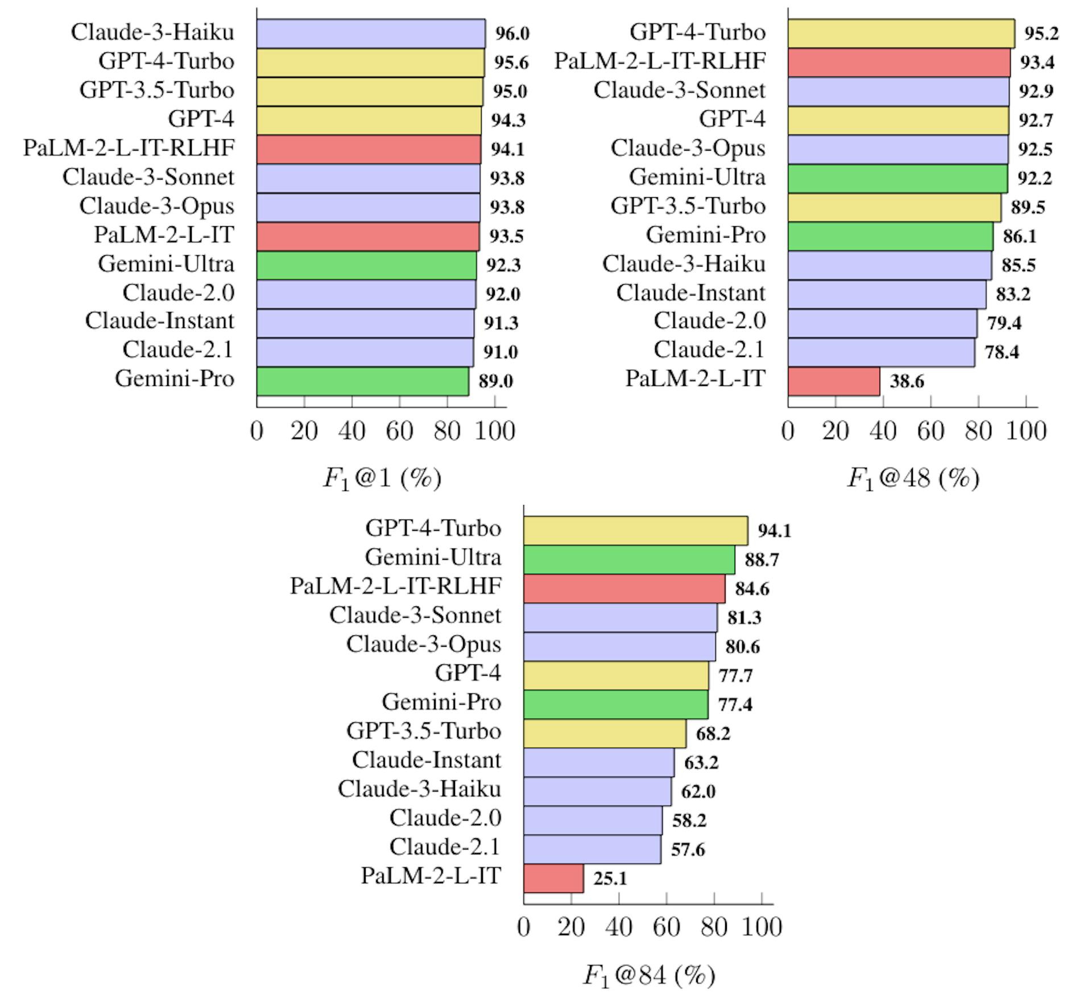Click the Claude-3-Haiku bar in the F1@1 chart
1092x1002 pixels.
click(x=371, y=34)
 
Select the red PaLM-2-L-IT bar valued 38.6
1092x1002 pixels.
click(x=834, y=381)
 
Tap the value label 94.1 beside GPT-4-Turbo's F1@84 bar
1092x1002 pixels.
click(x=775, y=531)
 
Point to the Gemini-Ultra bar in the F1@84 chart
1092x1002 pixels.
click(x=629, y=560)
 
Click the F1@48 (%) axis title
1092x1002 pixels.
click(x=913, y=479)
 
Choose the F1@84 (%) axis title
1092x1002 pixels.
click(x=649, y=975)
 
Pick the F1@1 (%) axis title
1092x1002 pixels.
click(x=382, y=479)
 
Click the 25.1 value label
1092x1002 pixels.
click(x=610, y=879)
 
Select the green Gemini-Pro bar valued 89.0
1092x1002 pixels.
click(x=363, y=381)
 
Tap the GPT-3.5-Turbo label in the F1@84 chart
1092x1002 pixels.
click(x=424, y=731)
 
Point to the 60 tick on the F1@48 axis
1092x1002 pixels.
click(x=930, y=431)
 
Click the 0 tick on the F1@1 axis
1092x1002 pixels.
click(x=257, y=431)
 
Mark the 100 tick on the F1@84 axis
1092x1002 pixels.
click(x=762, y=928)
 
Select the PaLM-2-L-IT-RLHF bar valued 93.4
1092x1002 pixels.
click(x=899, y=63)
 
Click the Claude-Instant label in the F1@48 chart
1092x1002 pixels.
click(x=690, y=293)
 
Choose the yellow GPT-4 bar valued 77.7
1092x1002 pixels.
click(x=616, y=676)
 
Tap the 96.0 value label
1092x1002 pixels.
click(x=512, y=34)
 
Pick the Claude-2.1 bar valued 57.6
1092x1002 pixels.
click(x=592, y=850)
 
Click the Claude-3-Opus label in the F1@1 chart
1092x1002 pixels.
click(x=156, y=206)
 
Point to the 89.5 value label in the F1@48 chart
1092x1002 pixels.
click(x=1028, y=207)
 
